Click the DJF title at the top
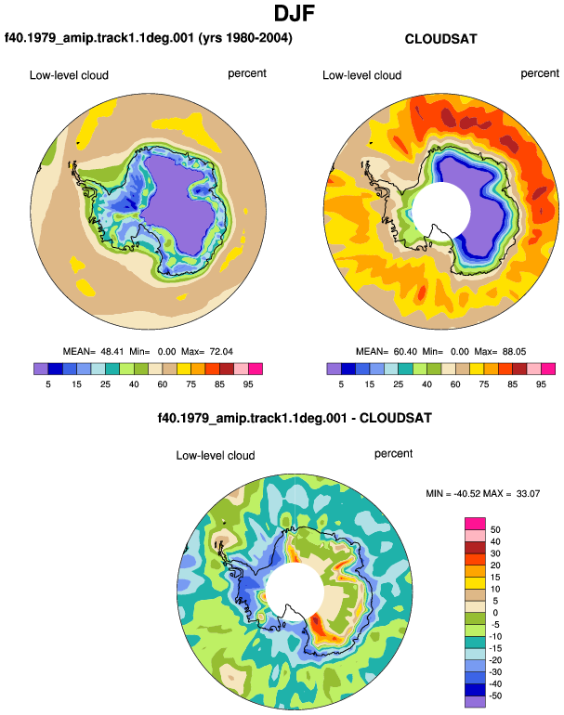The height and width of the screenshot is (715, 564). tap(295, 13)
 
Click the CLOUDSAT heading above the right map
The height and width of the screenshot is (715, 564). tap(440, 39)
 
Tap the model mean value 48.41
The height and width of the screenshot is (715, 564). tap(112, 352)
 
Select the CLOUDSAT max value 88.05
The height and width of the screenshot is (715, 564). tap(514, 352)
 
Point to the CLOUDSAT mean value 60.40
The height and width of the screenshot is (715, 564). tap(405, 352)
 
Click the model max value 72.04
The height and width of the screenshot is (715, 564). tap(221, 352)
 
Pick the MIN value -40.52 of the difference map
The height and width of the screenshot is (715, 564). tap(467, 493)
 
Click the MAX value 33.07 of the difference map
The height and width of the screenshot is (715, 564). tap(528, 493)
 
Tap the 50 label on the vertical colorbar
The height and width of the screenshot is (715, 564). tap(495, 530)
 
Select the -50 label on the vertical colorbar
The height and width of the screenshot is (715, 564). tap(495, 695)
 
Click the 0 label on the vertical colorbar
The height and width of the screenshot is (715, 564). tap(495, 613)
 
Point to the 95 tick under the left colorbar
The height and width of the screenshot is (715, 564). tap(248, 384)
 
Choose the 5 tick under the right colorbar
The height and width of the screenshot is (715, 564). tap(341, 384)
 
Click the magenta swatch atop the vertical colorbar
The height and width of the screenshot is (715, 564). tap(475, 524)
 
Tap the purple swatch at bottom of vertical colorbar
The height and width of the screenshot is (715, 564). tap(475, 701)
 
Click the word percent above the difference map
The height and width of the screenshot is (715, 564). tap(393, 454)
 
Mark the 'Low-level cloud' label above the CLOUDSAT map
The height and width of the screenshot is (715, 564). tap(361, 75)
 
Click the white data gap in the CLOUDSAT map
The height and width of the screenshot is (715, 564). tap(441, 211)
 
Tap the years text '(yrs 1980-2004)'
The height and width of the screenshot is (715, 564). tap(245, 37)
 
